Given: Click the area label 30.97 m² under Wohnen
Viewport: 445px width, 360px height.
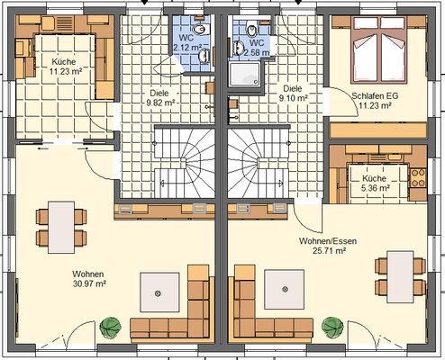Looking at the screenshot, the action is click(x=89, y=283).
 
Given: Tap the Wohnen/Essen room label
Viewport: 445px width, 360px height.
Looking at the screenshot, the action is click(x=328, y=241).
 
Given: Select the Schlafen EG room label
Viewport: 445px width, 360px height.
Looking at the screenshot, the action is click(x=375, y=96).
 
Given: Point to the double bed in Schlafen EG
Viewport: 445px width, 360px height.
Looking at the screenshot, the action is click(x=378, y=49).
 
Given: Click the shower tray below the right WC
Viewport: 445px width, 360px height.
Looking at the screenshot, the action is click(x=245, y=74).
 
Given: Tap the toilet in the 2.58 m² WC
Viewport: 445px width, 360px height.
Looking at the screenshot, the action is click(x=252, y=31).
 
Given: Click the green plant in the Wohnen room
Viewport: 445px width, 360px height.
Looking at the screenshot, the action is click(x=111, y=328).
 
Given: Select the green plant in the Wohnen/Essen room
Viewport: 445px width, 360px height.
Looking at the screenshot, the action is click(x=332, y=327).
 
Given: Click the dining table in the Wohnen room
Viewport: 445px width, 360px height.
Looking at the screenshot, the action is click(x=61, y=228).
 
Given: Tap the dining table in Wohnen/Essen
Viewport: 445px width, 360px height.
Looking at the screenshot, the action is click(x=400, y=277).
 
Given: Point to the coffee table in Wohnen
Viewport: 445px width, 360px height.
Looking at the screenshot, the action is click(x=159, y=293).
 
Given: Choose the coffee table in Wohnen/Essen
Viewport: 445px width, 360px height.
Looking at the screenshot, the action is click(x=284, y=290).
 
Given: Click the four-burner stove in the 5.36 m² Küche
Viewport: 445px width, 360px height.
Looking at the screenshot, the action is click(x=418, y=178).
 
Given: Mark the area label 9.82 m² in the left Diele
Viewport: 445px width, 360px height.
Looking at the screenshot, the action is click(x=160, y=103).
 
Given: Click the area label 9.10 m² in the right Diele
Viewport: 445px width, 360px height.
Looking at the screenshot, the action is click(x=294, y=98).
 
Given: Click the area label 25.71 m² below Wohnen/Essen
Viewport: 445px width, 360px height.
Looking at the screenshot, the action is click(x=329, y=251).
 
